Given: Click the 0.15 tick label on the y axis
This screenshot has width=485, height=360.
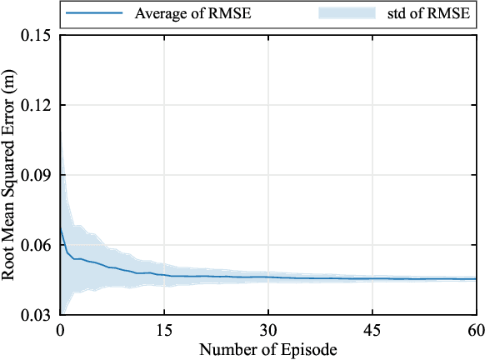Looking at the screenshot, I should [36, 36].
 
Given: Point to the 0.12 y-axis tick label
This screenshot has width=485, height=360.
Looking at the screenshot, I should [36, 106].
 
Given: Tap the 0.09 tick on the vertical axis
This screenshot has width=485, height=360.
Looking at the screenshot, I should [36, 176].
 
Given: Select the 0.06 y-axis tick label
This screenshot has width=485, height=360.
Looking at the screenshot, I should [36, 246].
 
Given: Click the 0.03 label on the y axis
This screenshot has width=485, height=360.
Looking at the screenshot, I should [36, 316].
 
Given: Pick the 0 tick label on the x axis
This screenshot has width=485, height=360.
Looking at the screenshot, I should [61, 329].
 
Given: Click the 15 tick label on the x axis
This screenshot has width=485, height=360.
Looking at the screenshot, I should [164, 329].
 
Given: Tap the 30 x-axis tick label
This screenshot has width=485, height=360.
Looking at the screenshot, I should [267, 329].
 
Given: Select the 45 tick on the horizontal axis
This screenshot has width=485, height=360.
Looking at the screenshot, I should [372, 329].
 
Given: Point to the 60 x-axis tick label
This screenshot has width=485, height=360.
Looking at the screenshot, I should [475, 329].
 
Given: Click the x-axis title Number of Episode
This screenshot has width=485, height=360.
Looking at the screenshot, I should [267, 348].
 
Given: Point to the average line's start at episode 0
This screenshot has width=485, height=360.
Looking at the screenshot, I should [61, 225].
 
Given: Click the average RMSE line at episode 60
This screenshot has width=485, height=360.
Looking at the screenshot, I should [475, 279].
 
